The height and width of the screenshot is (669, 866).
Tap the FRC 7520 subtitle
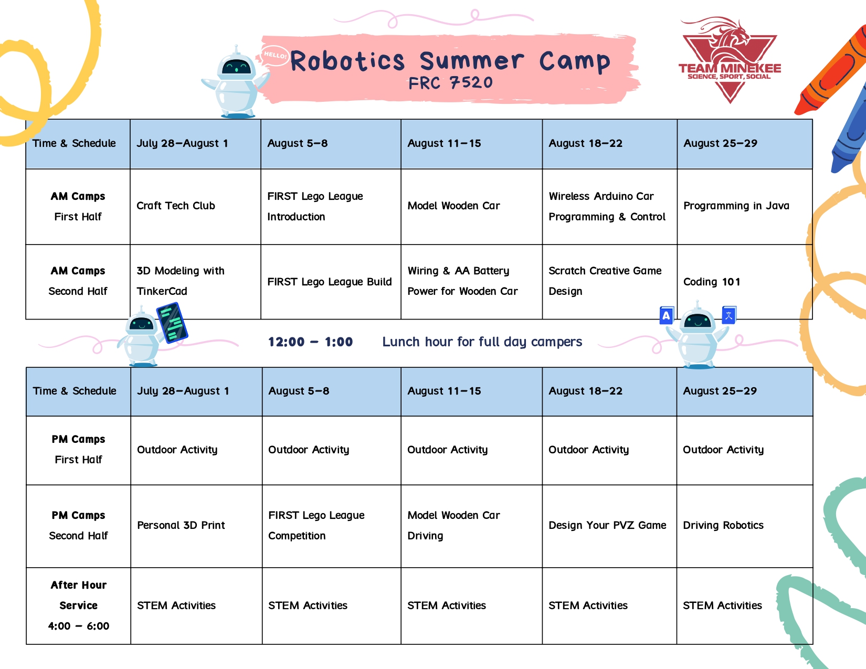[451, 83]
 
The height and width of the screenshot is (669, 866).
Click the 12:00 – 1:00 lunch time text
[311, 342]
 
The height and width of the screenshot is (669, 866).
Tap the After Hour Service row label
[79, 605]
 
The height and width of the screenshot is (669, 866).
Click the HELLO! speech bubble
[275, 55]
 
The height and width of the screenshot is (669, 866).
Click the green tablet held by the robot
[172, 323]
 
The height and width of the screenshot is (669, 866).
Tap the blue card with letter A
[667, 315]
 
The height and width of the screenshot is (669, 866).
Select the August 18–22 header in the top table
[585, 143]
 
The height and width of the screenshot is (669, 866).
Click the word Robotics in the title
[347, 61]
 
